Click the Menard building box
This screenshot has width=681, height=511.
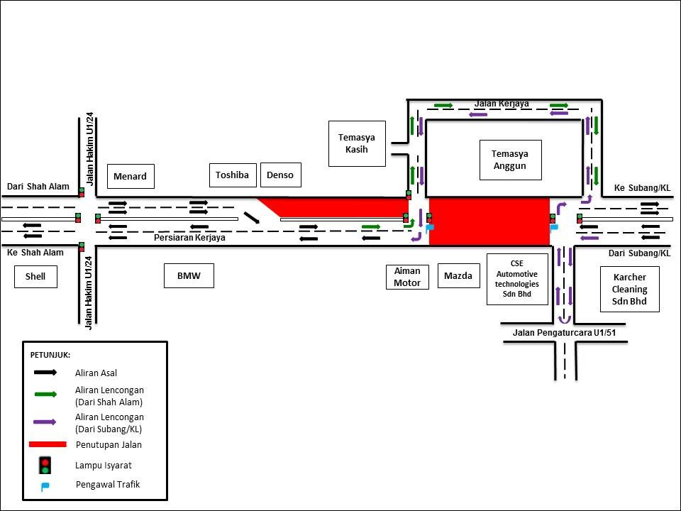coord(131,176)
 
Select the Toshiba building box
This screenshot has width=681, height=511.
coord(233,175)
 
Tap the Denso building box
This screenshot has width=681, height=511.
coord(281,175)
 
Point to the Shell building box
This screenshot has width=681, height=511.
coord(35,276)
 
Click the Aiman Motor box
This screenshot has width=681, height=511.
coord(407,276)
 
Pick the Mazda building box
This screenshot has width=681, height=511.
coord(458,276)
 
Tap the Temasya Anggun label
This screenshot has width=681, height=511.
coord(509,160)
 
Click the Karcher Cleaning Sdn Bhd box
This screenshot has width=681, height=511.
coord(630,290)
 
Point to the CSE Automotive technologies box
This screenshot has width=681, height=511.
coord(518,278)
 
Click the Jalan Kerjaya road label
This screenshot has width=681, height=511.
coord(502,104)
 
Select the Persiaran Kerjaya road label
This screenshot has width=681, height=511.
coord(189,238)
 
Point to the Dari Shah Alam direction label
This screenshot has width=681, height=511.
coord(38,187)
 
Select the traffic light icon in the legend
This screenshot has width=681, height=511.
coord(45,465)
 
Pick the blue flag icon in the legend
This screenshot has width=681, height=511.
coord(45,486)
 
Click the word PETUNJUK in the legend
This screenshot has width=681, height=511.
coord(50,355)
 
